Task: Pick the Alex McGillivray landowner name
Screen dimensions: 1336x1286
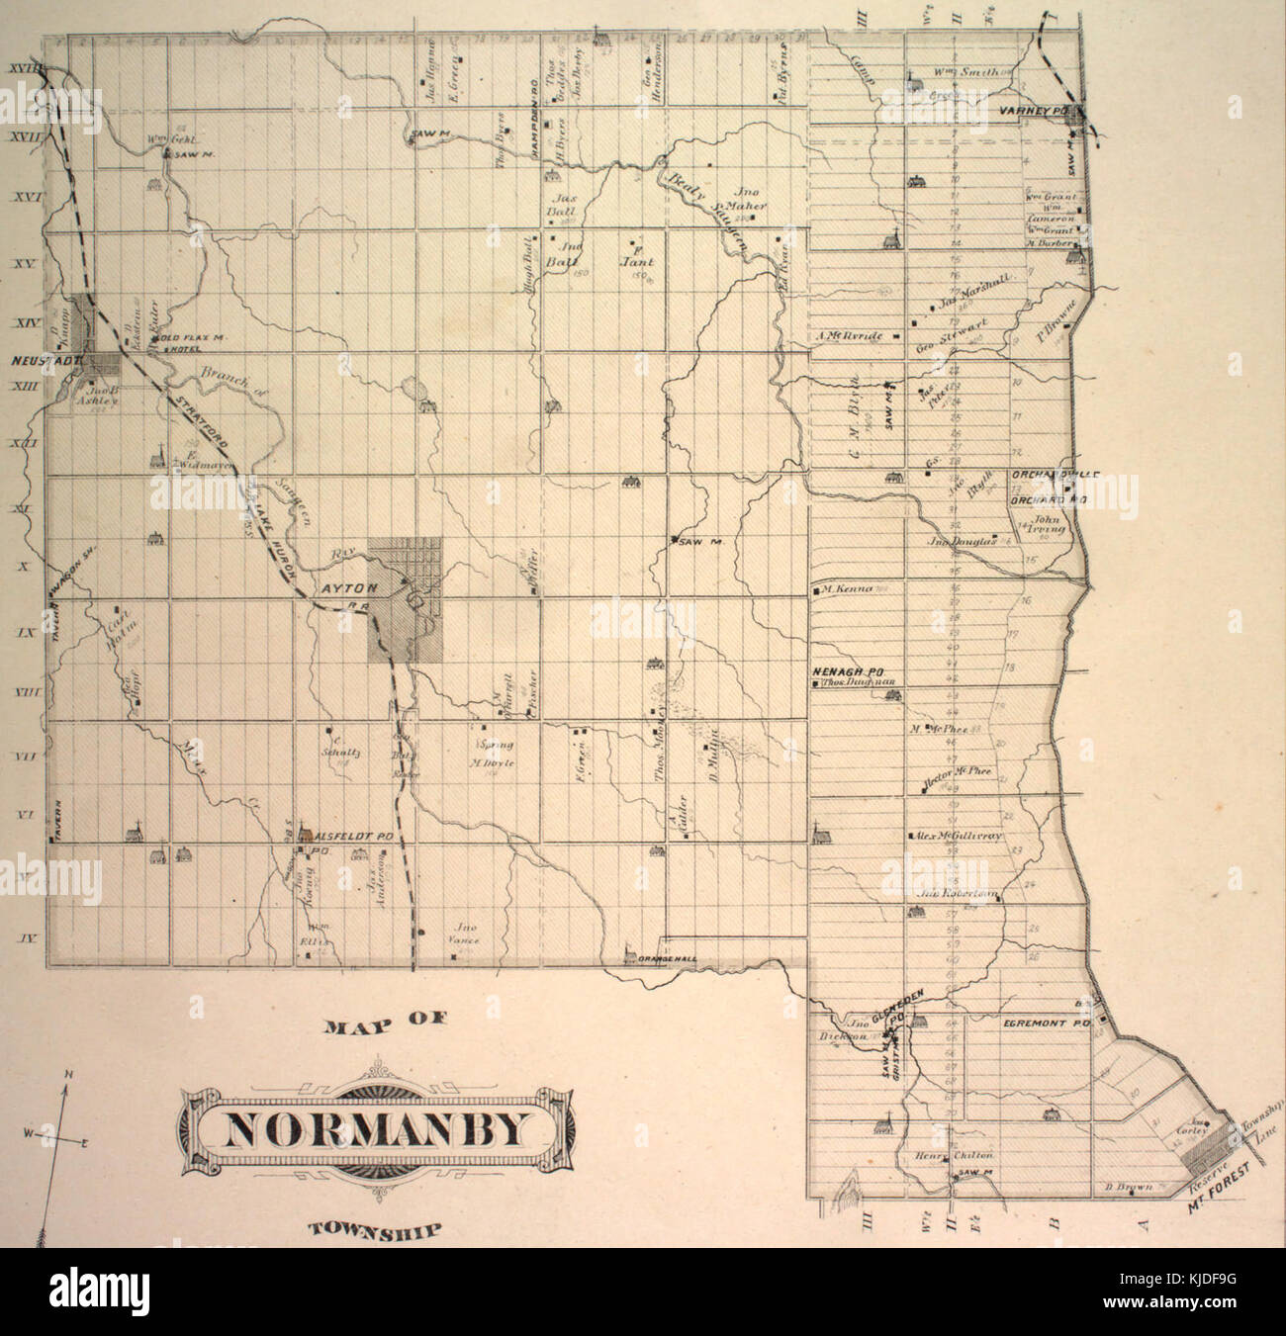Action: pos(958,836)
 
